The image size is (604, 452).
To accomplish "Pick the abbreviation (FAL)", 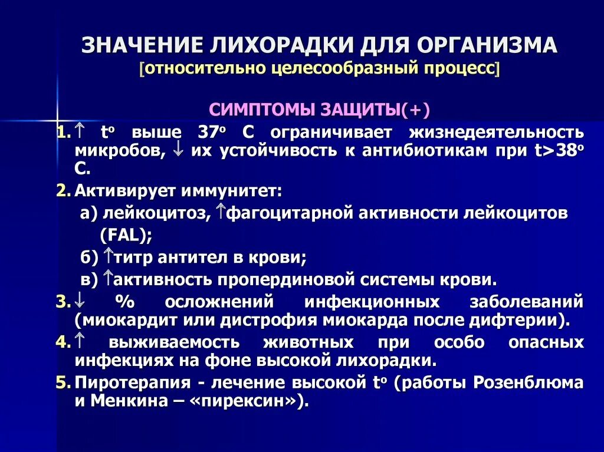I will (126, 235).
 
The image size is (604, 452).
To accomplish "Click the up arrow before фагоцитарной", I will (221, 212).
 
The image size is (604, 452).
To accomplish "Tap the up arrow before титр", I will (108, 256).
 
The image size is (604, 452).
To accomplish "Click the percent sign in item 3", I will (125, 303).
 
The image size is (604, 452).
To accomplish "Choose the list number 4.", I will (63, 342).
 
